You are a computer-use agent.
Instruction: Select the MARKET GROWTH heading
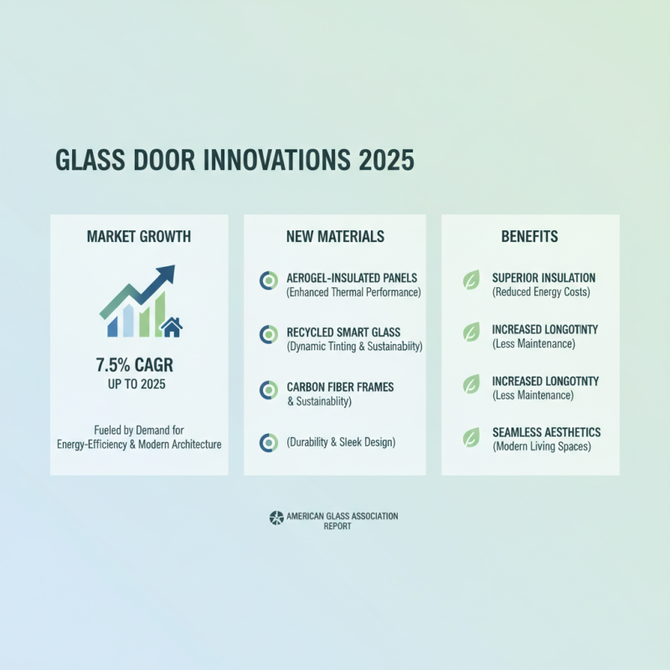click(x=139, y=237)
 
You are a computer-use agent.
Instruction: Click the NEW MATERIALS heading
click(x=335, y=237)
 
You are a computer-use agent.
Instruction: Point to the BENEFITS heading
click(x=529, y=237)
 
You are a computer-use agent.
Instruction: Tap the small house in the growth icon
click(x=172, y=327)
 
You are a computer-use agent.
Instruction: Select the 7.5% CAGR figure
click(x=139, y=365)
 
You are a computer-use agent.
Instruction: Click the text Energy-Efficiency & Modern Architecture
click(x=139, y=444)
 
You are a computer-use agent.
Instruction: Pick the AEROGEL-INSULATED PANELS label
click(x=346, y=278)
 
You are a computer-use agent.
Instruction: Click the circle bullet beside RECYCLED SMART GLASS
click(x=268, y=335)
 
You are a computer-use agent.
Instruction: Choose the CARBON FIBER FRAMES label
click(x=340, y=387)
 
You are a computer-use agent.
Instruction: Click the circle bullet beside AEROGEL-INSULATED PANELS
click(x=268, y=281)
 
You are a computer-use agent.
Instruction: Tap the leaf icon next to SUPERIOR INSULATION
click(x=472, y=281)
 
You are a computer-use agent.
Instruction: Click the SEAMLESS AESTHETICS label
click(x=546, y=432)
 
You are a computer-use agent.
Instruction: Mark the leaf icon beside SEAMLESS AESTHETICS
click(x=472, y=436)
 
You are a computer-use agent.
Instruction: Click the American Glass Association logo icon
click(x=276, y=518)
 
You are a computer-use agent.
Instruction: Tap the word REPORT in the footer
click(x=337, y=527)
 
